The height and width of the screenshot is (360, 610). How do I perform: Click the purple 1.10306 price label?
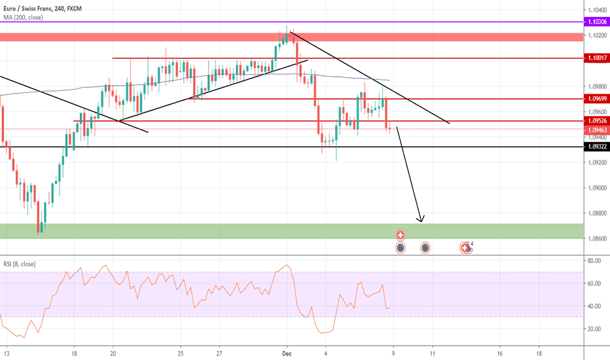pyautogui.click(x=596, y=22)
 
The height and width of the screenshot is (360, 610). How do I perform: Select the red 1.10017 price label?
pyautogui.click(x=596, y=58)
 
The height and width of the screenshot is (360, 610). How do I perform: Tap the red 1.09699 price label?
pyautogui.click(x=596, y=99)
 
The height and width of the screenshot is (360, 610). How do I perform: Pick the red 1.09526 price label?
pyautogui.click(x=596, y=121)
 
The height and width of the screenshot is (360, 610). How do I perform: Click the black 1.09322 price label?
pyautogui.click(x=596, y=147)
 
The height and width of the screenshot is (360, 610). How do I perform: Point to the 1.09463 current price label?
pyautogui.click(x=596, y=130)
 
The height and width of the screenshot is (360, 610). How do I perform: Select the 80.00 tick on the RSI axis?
pyautogui.click(x=594, y=261)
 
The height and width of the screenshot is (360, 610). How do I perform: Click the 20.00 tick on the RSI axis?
pyautogui.click(x=594, y=329)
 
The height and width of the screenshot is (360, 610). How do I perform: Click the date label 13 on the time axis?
pyautogui.click(x=7, y=351)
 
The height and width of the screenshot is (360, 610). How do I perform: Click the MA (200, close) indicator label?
pyautogui.click(x=22, y=17)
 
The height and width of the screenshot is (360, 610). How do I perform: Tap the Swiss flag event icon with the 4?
pyautogui.click(x=466, y=247)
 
